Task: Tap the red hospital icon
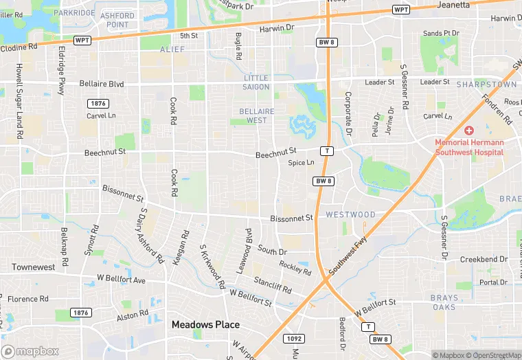coord(469,131)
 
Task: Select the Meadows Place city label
coord(205,325)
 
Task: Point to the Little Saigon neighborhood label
coord(256,82)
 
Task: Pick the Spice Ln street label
coord(301,163)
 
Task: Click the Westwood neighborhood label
coord(350,214)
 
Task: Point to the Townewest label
coord(33,267)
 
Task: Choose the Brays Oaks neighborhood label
coord(443,302)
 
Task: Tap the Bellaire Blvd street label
coord(102,84)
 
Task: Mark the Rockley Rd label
coord(295,267)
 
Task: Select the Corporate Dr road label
coord(348,113)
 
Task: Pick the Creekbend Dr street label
coord(484,260)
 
